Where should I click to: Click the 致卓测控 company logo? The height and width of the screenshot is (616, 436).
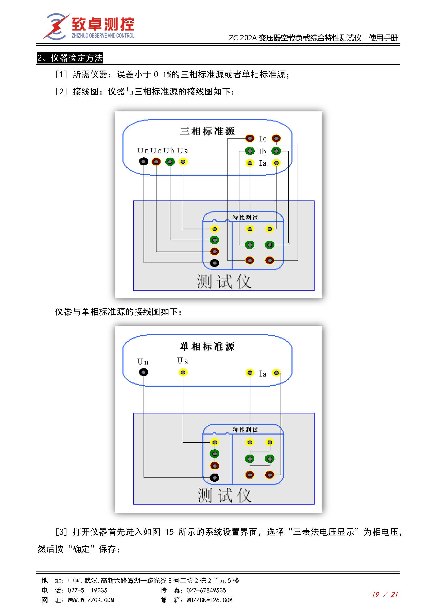coord(89,27)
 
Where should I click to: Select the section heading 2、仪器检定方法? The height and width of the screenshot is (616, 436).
coord(70,58)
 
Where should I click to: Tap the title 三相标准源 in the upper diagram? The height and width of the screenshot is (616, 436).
coord(207,131)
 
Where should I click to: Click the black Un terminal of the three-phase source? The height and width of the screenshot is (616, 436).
coord(143,161)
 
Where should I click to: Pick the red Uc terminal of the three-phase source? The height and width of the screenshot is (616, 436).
coord(156,161)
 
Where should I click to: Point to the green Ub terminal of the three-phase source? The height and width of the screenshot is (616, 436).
coord(170,161)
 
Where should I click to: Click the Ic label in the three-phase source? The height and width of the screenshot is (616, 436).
coord(263,139)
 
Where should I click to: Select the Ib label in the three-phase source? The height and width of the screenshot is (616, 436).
coord(262,152)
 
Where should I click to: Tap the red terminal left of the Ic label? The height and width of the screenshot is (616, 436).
coord(250,138)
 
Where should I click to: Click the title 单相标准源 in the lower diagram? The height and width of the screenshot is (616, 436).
coord(207,347)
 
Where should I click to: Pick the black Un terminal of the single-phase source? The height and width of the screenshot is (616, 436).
coord(143,372)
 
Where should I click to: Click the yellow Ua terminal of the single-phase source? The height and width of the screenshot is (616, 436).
coord(183,372)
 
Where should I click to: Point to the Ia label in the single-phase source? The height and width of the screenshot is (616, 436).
coord(263,373)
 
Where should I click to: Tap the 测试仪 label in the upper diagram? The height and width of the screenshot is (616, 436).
coord(224,282)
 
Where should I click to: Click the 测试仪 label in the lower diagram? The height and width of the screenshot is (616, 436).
coord(224,495)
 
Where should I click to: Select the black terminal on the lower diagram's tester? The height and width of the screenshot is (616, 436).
coord(215,477)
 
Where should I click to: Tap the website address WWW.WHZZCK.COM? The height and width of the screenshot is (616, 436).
coord(91,600)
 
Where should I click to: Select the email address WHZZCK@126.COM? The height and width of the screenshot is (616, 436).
coord(209,600)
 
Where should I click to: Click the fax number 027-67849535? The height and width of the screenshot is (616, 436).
coord(206,590)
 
